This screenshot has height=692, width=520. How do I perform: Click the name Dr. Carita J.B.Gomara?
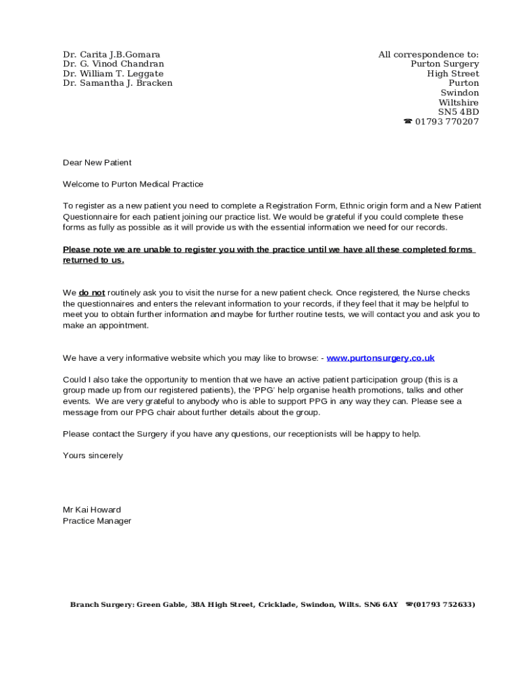[111, 54]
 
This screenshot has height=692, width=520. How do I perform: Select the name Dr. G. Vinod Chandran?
[113, 64]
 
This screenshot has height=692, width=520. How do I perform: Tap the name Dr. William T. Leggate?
[113, 74]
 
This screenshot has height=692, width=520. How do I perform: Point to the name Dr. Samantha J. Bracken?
[118, 83]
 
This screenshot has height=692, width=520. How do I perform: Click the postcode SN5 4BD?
[459, 112]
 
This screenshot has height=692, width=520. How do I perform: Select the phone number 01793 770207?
[446, 122]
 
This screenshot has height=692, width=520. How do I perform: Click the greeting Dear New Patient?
[97, 163]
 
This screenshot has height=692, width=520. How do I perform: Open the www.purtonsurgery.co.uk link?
[380, 358]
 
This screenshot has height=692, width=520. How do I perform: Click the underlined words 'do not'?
[92, 293]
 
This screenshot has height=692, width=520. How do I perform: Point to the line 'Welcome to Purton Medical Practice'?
[133, 184]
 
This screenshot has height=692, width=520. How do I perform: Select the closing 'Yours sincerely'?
[93, 455]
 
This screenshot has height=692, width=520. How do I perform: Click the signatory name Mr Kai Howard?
[92, 510]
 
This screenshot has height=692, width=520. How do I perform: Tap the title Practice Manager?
[97, 521]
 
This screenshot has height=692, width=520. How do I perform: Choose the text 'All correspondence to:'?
[428, 54]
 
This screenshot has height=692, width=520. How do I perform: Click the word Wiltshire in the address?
[459, 103]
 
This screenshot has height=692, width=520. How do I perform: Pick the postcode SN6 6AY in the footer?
[381, 605]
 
